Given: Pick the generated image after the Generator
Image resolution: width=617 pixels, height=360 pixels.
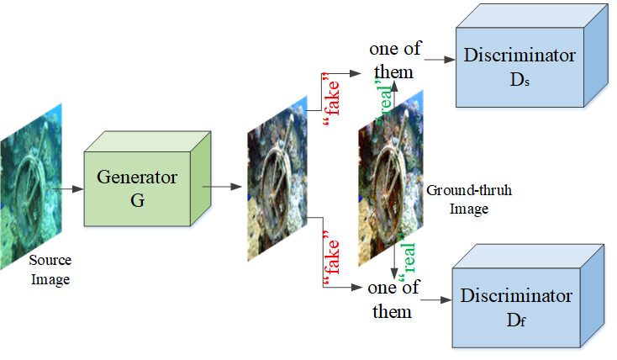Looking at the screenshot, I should (x=272, y=176).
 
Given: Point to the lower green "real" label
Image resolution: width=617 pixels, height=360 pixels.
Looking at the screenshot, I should (x=408, y=250).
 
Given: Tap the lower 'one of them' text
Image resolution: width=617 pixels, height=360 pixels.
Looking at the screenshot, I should (x=393, y=299).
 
